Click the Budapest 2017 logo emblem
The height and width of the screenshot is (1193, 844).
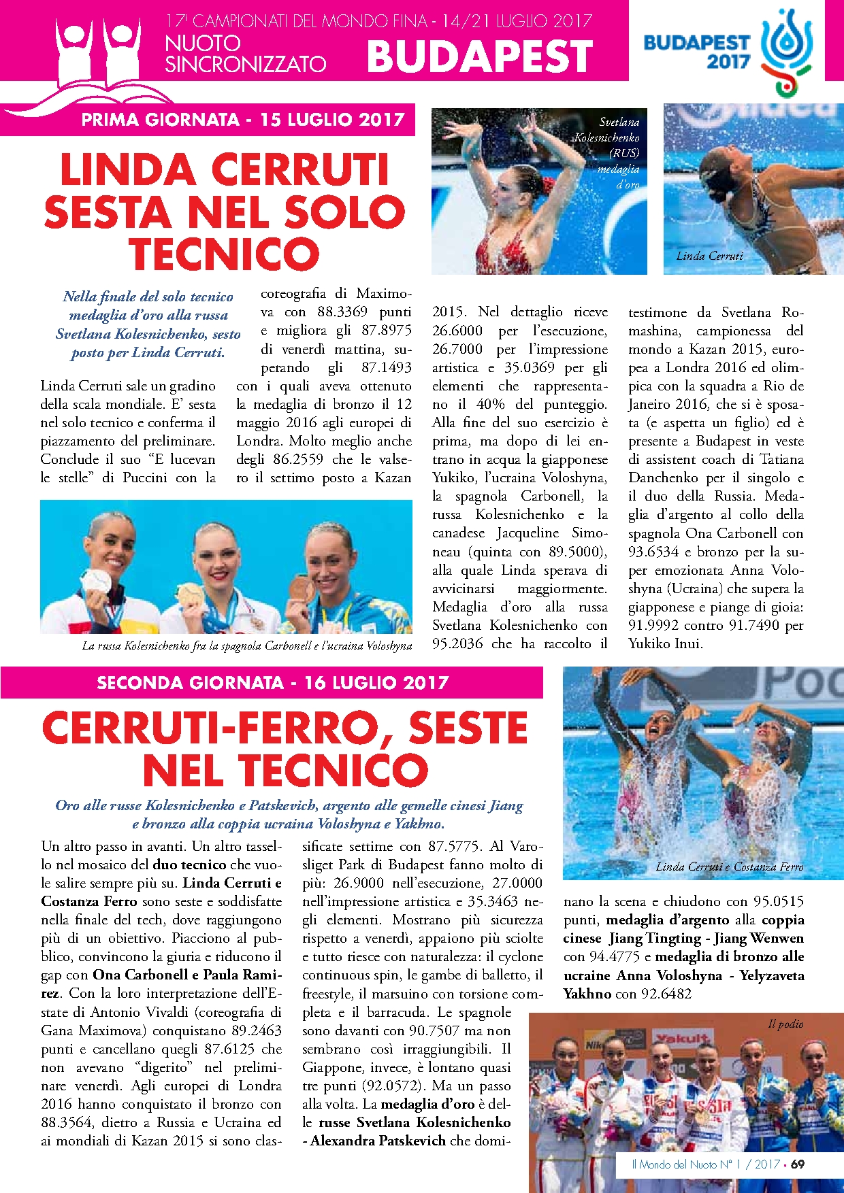coord(787,51)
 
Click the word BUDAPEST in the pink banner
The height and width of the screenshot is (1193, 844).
coord(480,56)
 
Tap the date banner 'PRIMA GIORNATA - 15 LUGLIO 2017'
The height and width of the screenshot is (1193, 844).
coord(243,120)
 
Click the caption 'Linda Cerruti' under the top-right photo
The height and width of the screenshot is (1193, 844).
coord(710,256)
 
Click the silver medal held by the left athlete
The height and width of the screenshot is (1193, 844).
coord(96,582)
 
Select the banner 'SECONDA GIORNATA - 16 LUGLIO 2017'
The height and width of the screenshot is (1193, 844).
coord(272,683)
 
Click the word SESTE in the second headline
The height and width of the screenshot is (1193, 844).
coord(468,728)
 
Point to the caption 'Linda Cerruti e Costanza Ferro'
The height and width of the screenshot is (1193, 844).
coord(730,867)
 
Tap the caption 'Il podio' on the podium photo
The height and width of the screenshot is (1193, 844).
coord(785,1024)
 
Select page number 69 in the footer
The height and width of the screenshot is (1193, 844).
coord(798,1164)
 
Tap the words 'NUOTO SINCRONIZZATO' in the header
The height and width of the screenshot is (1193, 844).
coord(245,54)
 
